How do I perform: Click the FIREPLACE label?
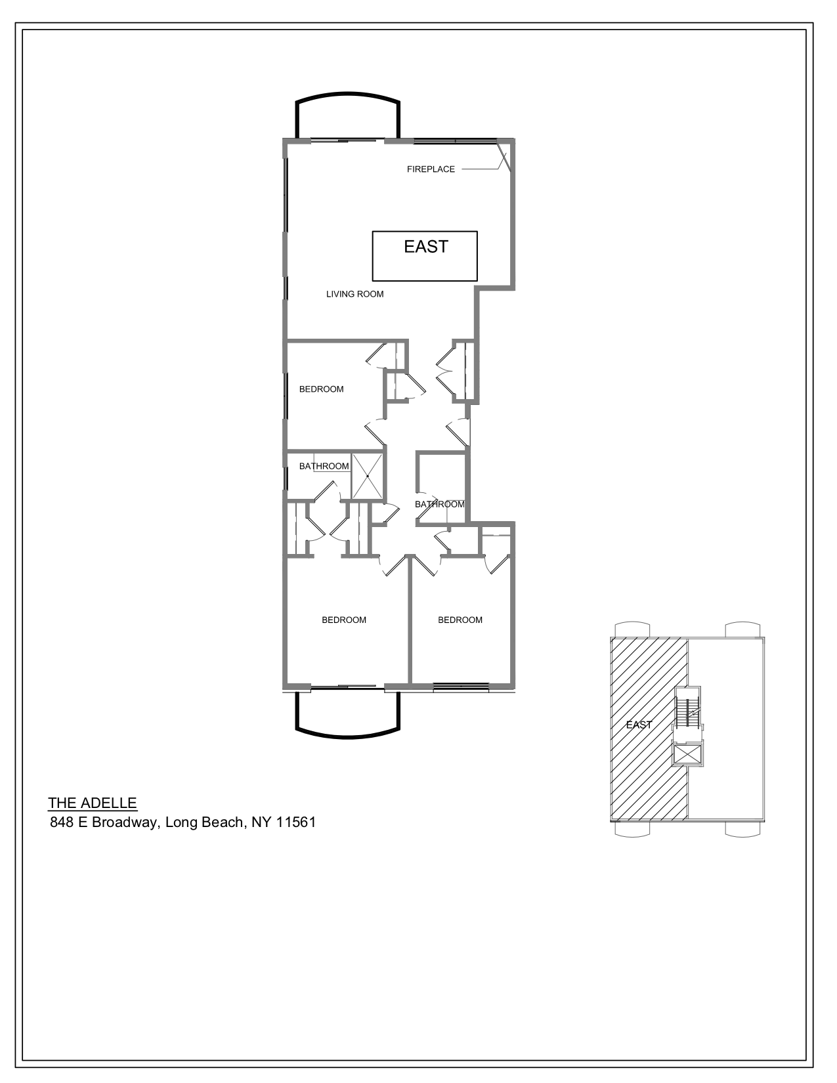pyautogui.click(x=431, y=169)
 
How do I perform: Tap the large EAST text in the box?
pyautogui.click(x=425, y=247)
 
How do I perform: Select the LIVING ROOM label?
pyautogui.click(x=354, y=294)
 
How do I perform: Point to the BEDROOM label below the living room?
pyautogui.click(x=321, y=389)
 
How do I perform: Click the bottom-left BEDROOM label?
pyautogui.click(x=344, y=620)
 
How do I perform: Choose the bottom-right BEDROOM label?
pyautogui.click(x=460, y=620)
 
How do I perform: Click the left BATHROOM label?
pyautogui.click(x=324, y=467)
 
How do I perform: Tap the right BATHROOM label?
pyautogui.click(x=439, y=505)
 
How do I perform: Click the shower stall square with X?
pyautogui.click(x=367, y=476)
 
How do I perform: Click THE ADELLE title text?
pyautogui.click(x=93, y=803)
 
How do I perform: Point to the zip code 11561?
pyautogui.click(x=295, y=822)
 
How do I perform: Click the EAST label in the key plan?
pyautogui.click(x=639, y=725)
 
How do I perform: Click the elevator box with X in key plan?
pyautogui.click(x=688, y=754)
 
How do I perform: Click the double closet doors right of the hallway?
pyautogui.click(x=446, y=371)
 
